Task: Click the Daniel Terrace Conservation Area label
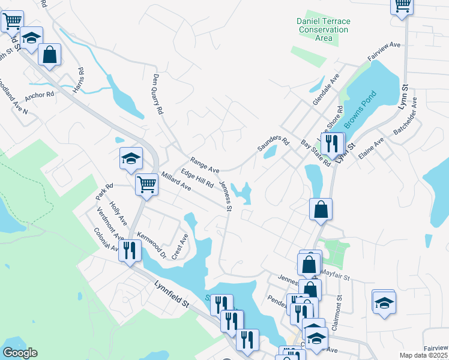point(324,29)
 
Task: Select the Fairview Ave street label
point(384,52)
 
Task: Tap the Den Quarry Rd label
point(158,94)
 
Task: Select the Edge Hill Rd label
point(197,179)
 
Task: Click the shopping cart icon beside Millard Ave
point(146,185)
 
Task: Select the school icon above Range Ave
point(131,159)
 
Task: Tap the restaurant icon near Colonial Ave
point(129,250)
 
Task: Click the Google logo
point(20,353)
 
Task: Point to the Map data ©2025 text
point(423,355)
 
